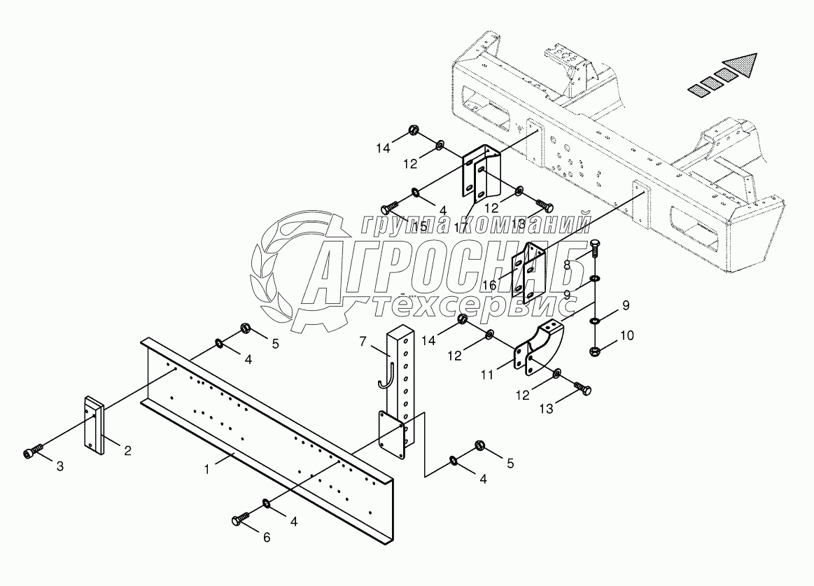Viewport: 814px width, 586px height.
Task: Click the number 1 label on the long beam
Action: (x=207, y=470)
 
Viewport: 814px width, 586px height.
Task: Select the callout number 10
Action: (x=626, y=335)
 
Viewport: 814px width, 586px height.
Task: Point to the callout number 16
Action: (x=489, y=286)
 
